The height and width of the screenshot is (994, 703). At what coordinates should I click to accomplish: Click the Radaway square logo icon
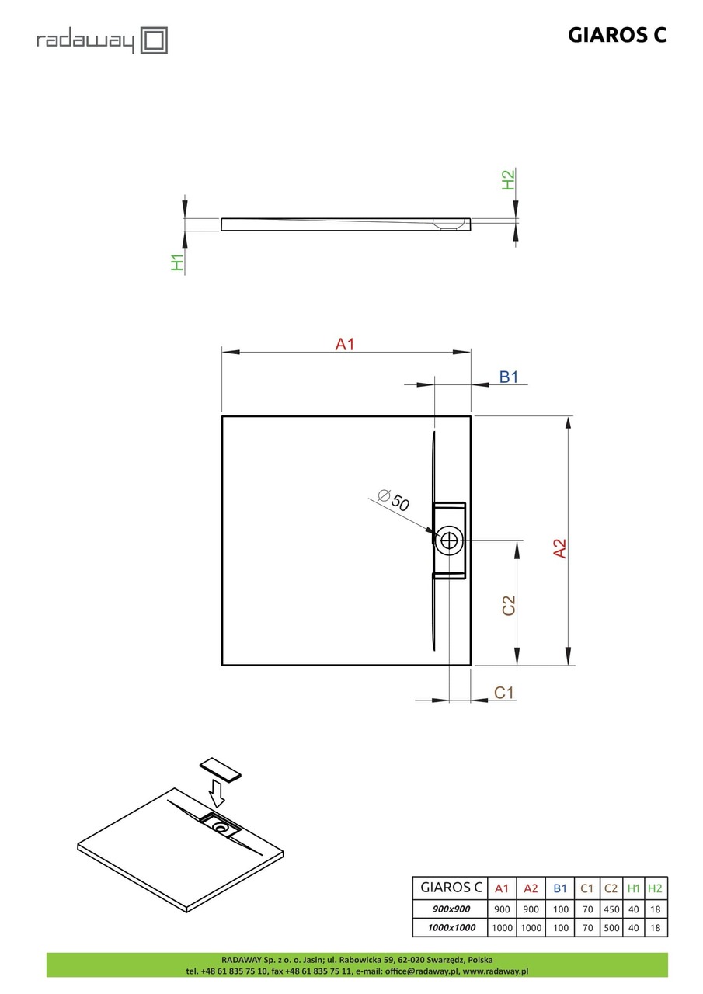[x=154, y=40]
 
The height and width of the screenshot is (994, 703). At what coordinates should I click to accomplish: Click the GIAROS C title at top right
[x=618, y=35]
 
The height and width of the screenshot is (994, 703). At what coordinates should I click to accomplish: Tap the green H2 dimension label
[x=508, y=180]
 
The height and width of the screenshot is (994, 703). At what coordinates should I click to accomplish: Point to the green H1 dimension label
[x=178, y=262]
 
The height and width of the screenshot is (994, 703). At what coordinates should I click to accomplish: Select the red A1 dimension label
[x=344, y=344]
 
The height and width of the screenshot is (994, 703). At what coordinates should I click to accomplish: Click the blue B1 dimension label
[x=508, y=377]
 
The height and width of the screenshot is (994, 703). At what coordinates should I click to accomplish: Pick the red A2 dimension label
[x=559, y=548]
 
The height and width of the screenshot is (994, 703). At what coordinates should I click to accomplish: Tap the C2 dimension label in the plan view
[x=508, y=606]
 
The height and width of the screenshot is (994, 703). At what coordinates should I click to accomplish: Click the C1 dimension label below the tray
[x=505, y=693]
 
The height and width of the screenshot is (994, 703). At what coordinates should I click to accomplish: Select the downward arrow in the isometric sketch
[x=217, y=794]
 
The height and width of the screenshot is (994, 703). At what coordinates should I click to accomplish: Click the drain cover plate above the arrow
[x=221, y=770]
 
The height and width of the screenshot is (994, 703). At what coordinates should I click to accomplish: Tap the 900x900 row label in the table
[x=450, y=909]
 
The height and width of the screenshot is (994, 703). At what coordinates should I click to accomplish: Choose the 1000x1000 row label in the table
[x=450, y=927]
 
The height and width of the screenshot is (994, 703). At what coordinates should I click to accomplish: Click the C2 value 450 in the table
[x=611, y=909]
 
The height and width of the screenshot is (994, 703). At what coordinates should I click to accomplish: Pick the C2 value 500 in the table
[x=611, y=927]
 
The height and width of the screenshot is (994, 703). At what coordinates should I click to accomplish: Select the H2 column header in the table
[x=655, y=888]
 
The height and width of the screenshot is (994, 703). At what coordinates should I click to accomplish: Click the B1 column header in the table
[x=560, y=888]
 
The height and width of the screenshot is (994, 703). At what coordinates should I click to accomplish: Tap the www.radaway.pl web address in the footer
[x=495, y=971]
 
